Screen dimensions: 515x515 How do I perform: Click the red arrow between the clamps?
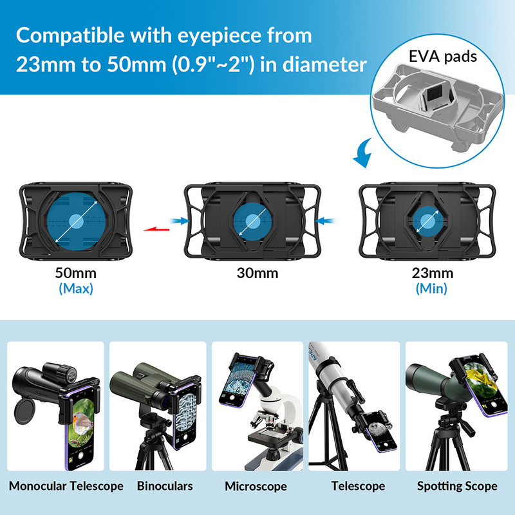click(x=156, y=229)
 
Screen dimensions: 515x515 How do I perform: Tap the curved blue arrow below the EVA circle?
click(x=363, y=153)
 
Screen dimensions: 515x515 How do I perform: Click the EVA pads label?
click(x=443, y=57)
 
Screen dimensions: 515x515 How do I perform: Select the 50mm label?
click(x=76, y=273)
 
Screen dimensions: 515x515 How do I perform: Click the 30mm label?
click(x=257, y=273)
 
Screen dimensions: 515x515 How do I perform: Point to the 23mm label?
click(x=432, y=273)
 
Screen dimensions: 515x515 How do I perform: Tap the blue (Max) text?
click(x=76, y=288)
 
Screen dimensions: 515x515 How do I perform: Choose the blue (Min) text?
click(x=431, y=288)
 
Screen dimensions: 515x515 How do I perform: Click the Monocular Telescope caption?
click(x=66, y=486)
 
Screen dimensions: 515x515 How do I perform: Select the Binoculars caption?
click(x=165, y=486)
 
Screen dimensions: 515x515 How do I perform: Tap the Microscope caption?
click(x=256, y=487)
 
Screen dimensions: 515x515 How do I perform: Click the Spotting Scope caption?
click(x=457, y=486)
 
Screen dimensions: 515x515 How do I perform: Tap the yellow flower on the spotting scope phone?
click(x=478, y=379)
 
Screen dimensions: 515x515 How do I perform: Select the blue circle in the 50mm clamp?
click(x=77, y=221)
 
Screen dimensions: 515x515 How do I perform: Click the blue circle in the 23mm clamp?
click(x=427, y=221)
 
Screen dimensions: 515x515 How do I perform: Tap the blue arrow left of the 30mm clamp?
click(x=180, y=221)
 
